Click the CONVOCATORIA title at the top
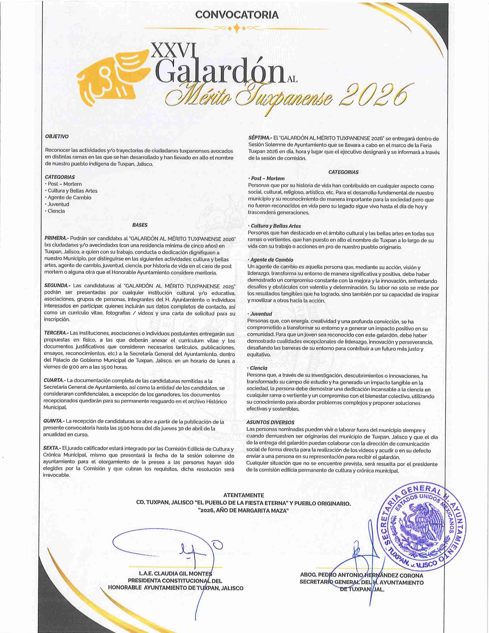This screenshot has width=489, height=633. pos(237,15)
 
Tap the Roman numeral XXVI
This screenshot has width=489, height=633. pos(173,51)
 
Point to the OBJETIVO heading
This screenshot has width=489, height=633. pos(57,136)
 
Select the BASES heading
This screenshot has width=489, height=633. pos(140,225)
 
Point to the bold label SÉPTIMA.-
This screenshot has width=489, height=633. pos(260,139)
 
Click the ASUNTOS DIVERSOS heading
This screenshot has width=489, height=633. pos(270,423)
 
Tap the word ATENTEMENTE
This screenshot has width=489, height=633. pos(244,495)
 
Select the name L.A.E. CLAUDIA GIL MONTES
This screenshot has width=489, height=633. pos(175,573)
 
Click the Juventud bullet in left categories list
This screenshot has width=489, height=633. pos(58,204)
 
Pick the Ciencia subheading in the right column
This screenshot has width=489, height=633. pos(258,368)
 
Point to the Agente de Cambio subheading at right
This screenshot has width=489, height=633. pos(272,260)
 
